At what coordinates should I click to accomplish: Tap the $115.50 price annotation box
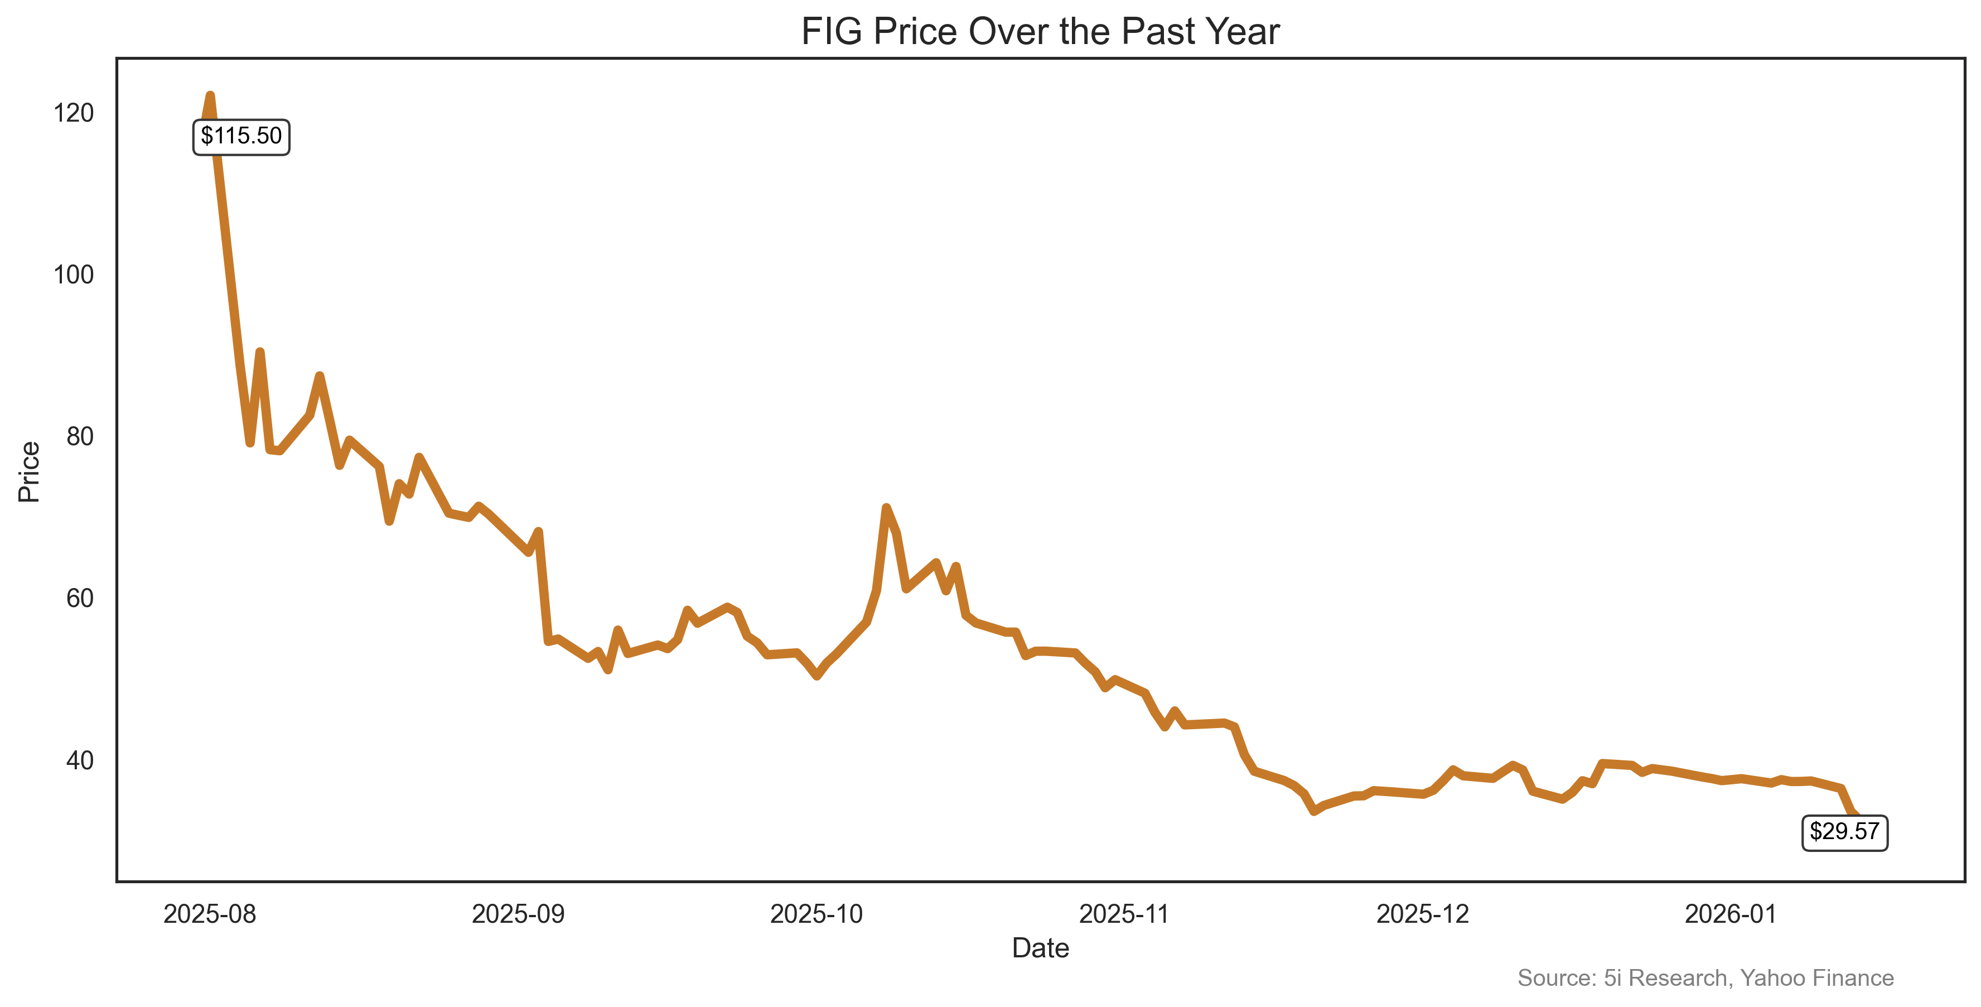click(x=241, y=137)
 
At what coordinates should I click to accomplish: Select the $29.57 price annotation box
click(x=1844, y=832)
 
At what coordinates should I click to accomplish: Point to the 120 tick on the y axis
click(x=74, y=113)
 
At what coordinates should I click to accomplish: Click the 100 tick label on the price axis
click(x=74, y=274)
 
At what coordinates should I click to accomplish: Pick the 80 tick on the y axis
click(x=79, y=436)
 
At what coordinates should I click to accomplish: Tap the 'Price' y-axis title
click(x=29, y=471)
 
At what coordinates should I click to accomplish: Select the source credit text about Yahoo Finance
click(x=1705, y=978)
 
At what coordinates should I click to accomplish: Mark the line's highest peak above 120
click(x=210, y=95)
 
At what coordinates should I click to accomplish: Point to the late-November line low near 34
click(x=1315, y=811)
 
